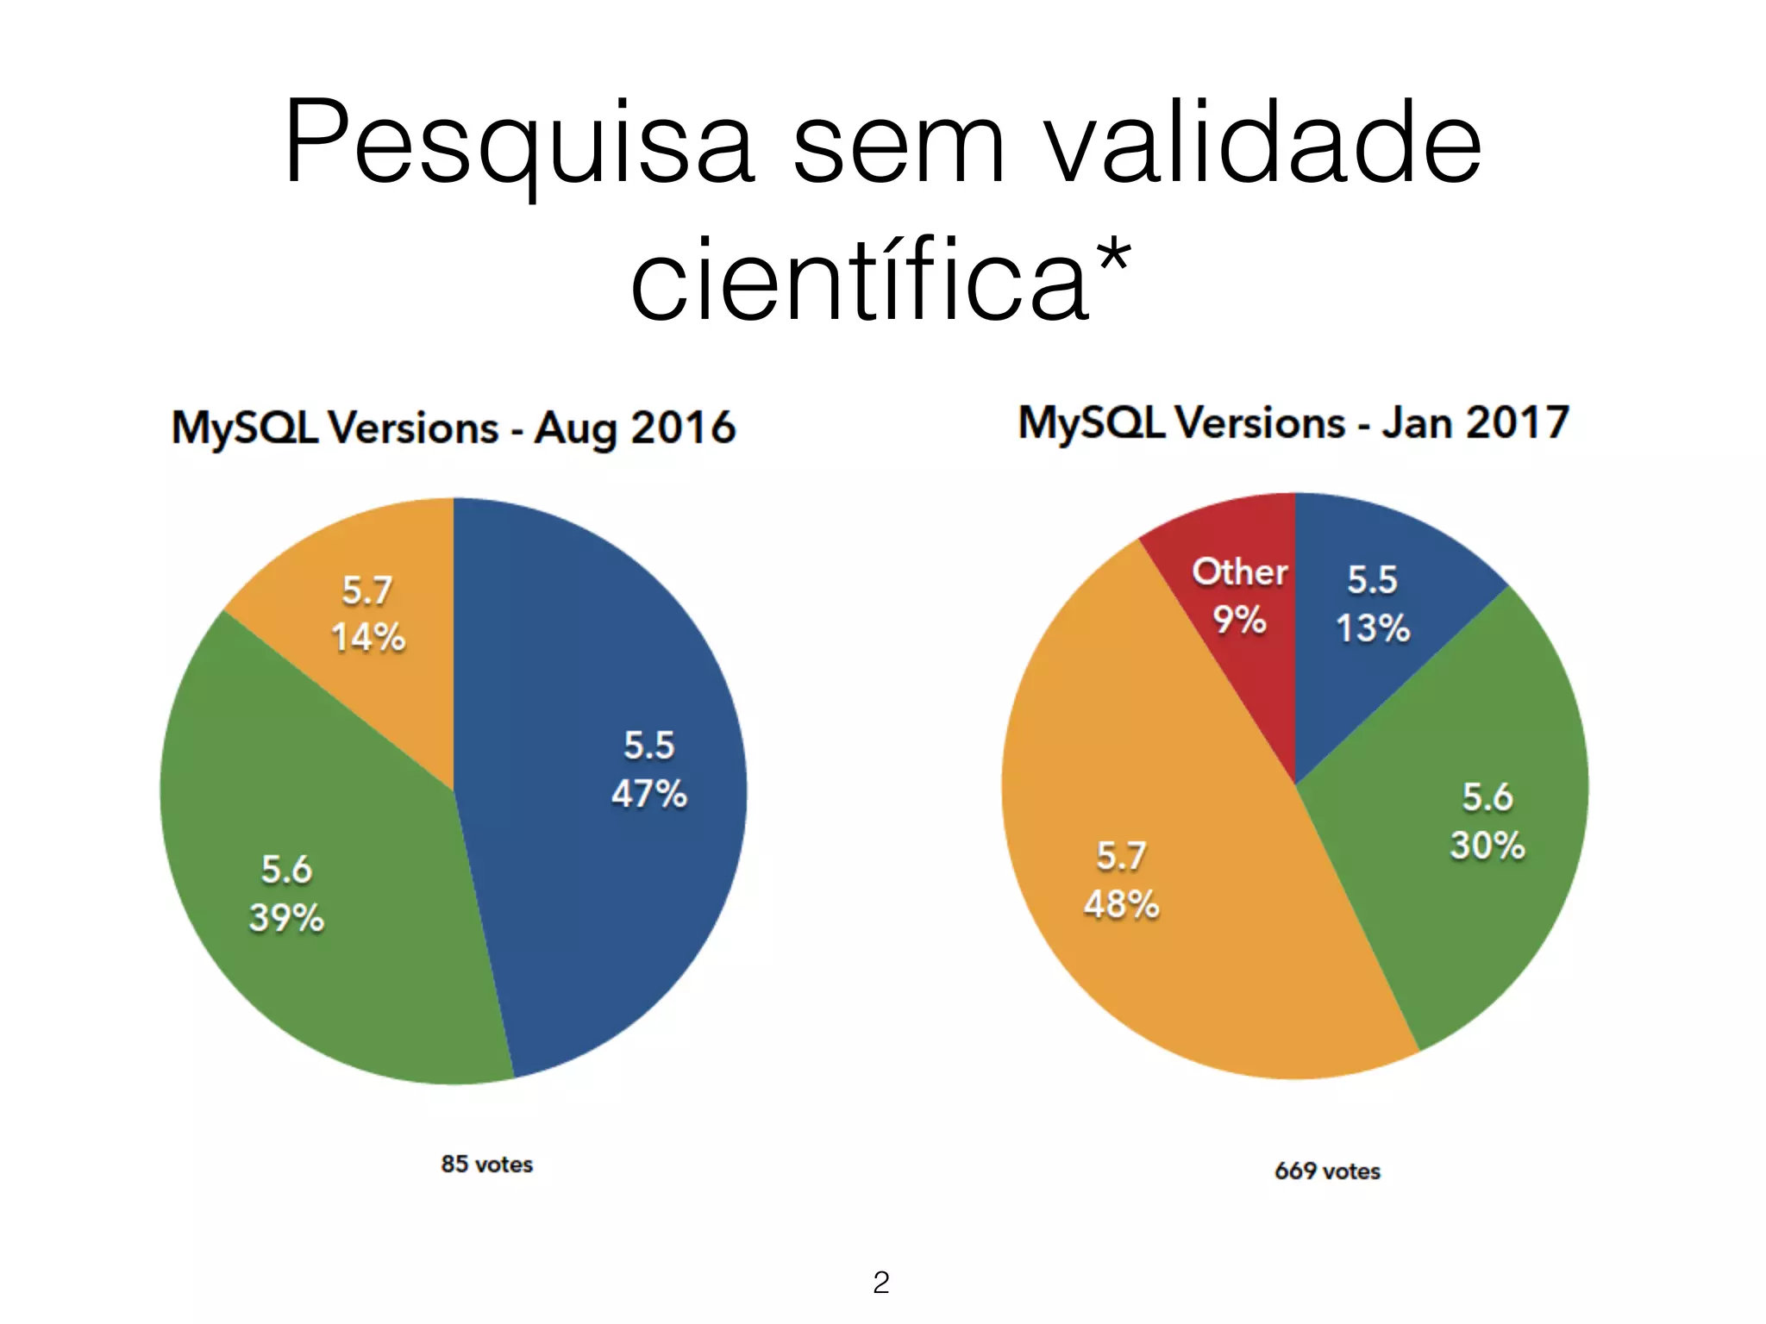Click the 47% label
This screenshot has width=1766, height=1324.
(x=649, y=794)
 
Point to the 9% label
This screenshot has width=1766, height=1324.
(x=1239, y=620)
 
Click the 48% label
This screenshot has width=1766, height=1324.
(x=1121, y=904)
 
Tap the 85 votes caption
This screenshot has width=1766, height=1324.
(x=487, y=1165)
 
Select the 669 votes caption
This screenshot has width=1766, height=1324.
(x=1327, y=1171)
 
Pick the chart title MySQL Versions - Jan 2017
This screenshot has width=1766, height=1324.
(x=1293, y=423)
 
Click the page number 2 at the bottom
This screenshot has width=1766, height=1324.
(x=880, y=1283)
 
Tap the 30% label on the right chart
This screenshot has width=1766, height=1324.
(x=1487, y=846)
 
